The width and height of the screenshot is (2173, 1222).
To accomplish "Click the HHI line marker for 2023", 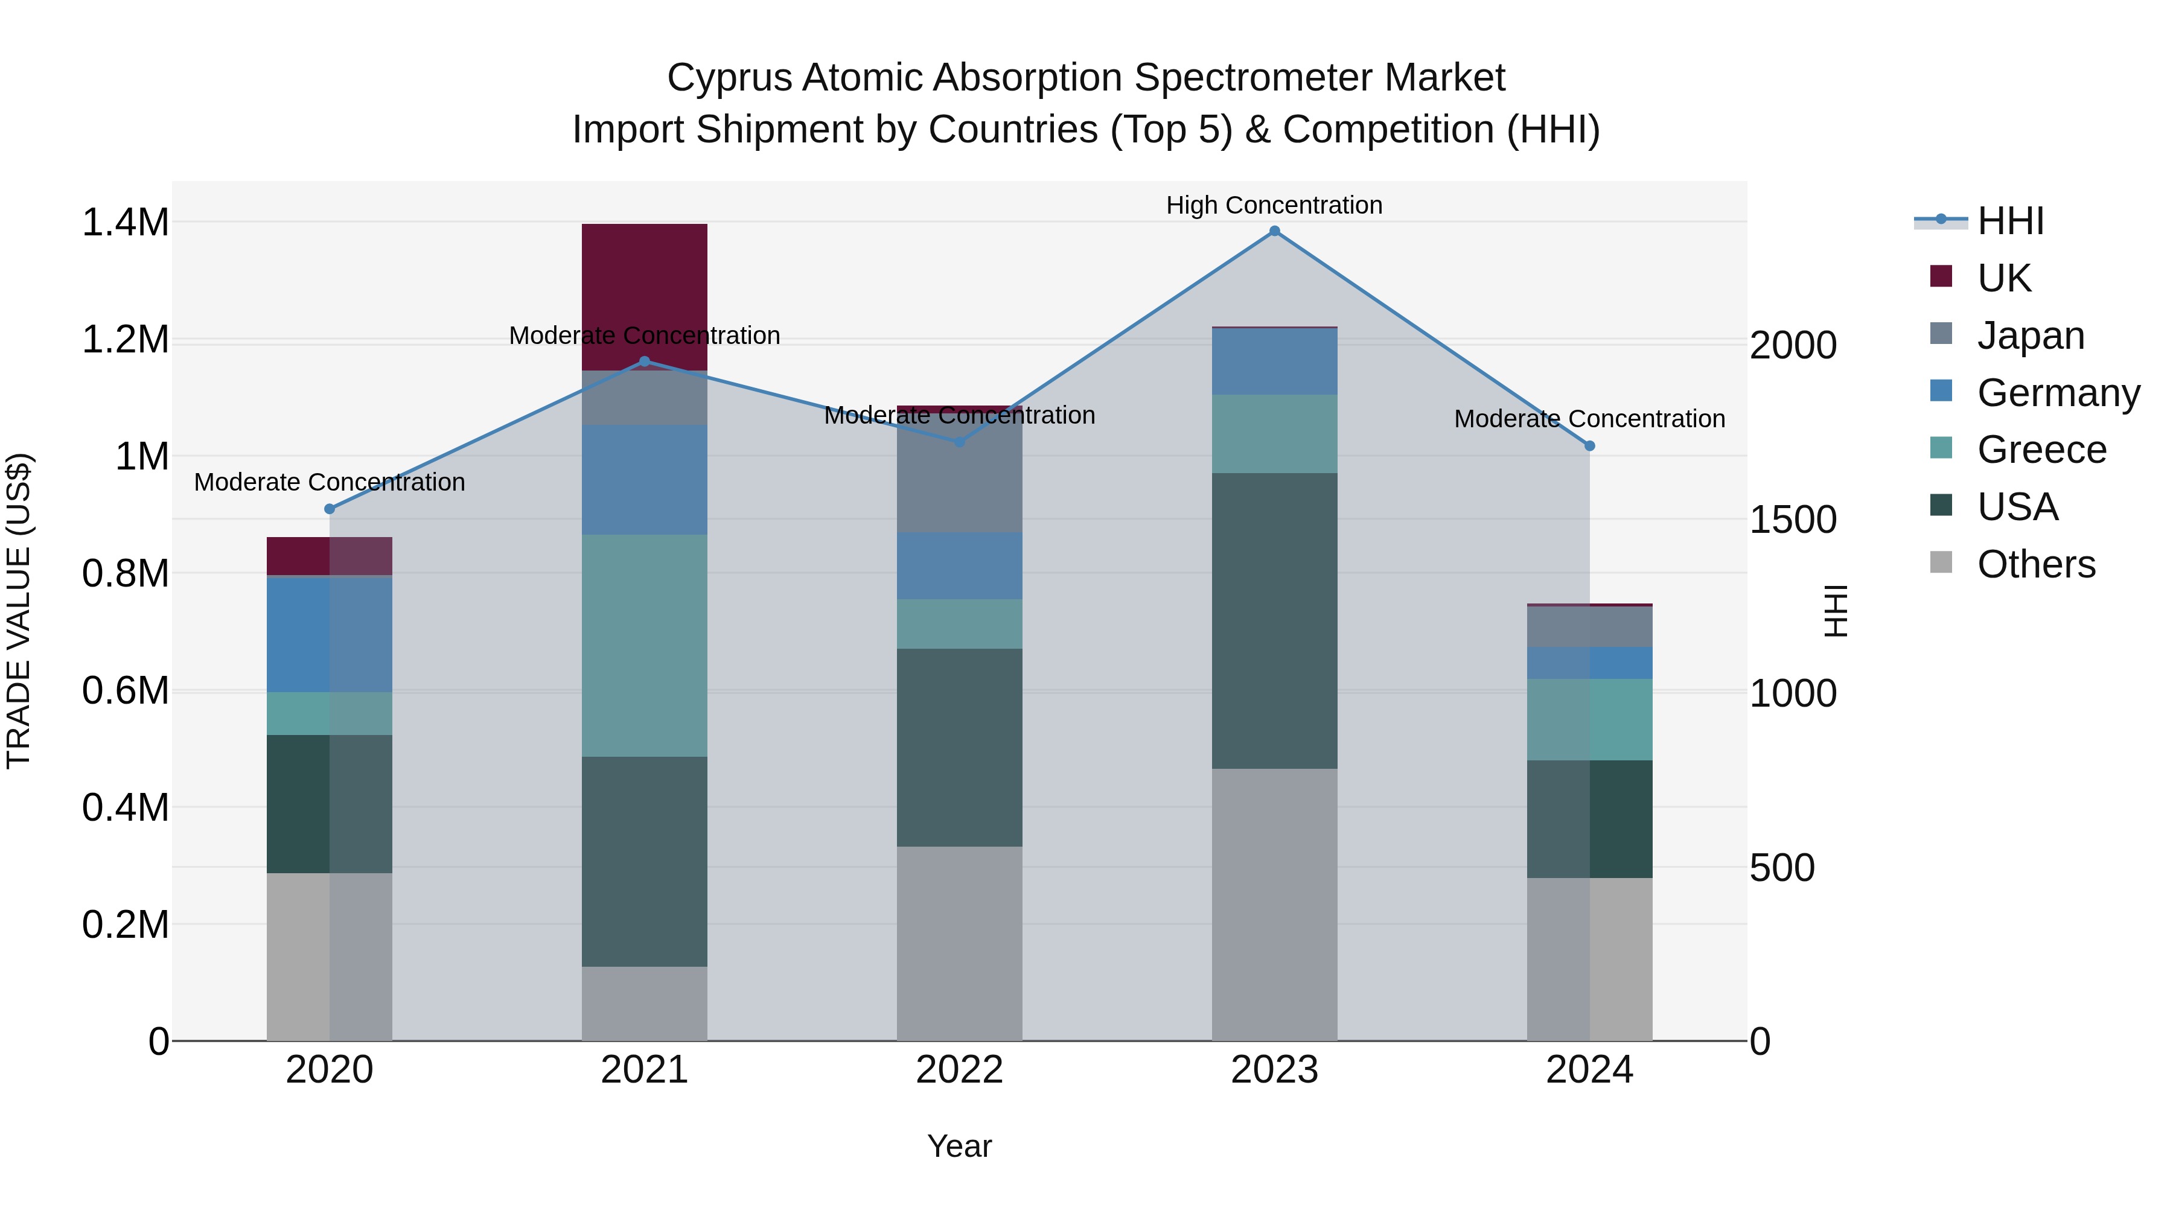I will [1274, 231].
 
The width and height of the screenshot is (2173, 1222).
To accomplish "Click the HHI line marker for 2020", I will [330, 509].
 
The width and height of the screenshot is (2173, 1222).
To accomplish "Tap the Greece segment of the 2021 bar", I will [645, 645].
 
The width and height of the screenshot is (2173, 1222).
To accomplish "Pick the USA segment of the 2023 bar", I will [1274, 620].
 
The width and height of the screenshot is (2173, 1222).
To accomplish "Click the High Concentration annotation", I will [1274, 205].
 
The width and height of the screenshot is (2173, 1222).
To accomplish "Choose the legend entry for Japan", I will [2029, 336].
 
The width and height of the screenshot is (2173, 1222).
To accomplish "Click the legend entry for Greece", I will [2041, 450].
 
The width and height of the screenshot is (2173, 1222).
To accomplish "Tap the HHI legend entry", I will [2009, 221].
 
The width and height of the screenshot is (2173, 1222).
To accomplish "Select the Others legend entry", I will [2035, 564].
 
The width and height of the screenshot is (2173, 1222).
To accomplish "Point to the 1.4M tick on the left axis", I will [125, 223].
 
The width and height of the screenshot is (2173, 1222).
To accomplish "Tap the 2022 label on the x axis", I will [959, 1070].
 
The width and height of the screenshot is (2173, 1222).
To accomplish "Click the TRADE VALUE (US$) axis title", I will [19, 611].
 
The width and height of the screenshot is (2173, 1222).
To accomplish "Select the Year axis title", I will [959, 1146].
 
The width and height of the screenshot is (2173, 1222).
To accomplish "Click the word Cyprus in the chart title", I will [729, 78].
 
